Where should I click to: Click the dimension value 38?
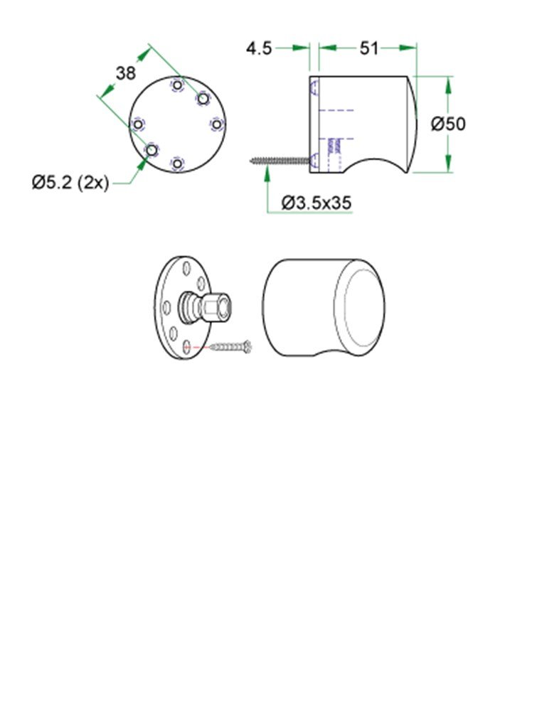(126, 73)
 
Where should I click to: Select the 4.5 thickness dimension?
(259, 48)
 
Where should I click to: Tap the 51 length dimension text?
(368, 48)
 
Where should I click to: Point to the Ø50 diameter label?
(448, 124)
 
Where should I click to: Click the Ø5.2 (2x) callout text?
(70, 183)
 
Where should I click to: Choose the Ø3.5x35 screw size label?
(316, 203)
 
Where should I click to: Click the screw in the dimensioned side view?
(281, 161)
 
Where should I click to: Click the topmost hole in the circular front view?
(177, 86)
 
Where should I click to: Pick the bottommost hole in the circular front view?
(177, 164)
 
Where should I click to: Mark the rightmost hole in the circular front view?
(216, 124)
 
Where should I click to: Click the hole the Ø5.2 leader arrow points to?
(152, 150)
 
